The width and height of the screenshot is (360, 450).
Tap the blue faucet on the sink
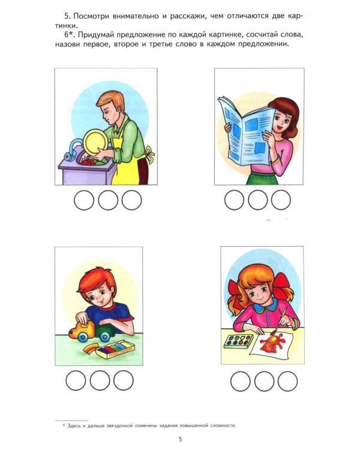point(72,150)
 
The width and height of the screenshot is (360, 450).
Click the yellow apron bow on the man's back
point(149,154)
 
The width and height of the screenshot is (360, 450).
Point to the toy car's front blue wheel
point(83,337)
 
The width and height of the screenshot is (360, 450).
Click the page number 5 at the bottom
point(180,439)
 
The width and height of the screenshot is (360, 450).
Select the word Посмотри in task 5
point(91,16)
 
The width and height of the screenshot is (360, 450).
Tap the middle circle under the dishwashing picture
point(108,200)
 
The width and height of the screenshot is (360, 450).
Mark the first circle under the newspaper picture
point(234,200)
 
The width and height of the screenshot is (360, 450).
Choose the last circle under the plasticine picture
point(124,380)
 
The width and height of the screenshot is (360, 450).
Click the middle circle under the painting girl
point(264,381)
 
